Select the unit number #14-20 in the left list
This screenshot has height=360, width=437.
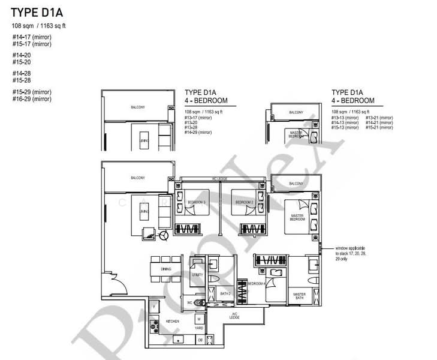click(x=22, y=55)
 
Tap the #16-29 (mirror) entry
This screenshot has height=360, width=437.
click(x=32, y=98)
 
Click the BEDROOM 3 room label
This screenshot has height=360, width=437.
click(x=196, y=203)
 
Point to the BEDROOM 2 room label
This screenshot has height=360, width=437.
click(x=245, y=203)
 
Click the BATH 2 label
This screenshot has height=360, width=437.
click(x=225, y=293)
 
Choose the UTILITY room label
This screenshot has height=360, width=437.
click(x=198, y=275)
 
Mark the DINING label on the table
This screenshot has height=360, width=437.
click(x=166, y=269)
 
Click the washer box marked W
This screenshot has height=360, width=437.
click(x=198, y=319)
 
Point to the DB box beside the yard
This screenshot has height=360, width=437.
click(x=200, y=340)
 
